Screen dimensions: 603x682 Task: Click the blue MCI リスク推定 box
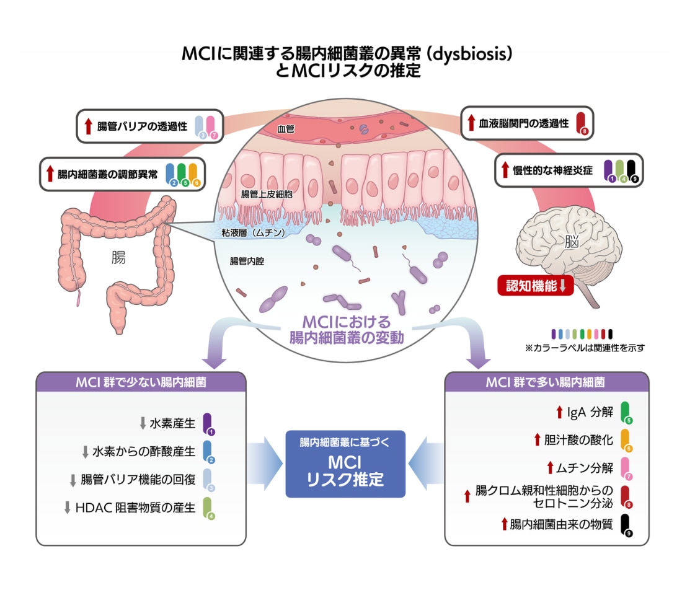(x=345, y=464)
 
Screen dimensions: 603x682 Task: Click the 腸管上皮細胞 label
(x=267, y=194)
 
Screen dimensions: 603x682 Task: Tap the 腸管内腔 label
(x=247, y=261)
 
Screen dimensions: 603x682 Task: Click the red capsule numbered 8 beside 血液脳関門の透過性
(x=581, y=123)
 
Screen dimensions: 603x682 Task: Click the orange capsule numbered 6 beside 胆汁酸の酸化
(x=626, y=440)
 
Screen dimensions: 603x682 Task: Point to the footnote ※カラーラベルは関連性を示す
(x=584, y=348)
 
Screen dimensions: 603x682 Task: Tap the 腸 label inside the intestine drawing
(x=118, y=257)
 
